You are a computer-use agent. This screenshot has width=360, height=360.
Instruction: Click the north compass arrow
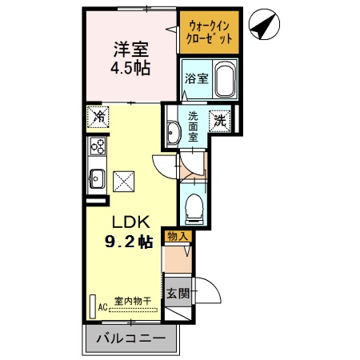(x=263, y=26)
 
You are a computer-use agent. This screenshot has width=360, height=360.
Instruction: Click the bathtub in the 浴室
(x=222, y=80)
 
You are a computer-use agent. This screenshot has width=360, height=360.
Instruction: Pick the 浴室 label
(x=197, y=79)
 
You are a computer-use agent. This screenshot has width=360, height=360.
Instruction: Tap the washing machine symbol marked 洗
(x=220, y=122)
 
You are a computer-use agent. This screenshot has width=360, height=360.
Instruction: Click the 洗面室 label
(x=194, y=126)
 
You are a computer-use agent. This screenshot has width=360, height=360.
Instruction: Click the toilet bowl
(x=193, y=210)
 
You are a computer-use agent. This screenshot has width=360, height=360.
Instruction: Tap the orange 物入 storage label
(x=178, y=236)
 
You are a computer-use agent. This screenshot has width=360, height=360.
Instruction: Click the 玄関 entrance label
(x=178, y=293)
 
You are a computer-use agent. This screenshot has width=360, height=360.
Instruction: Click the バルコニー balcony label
(x=130, y=339)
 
